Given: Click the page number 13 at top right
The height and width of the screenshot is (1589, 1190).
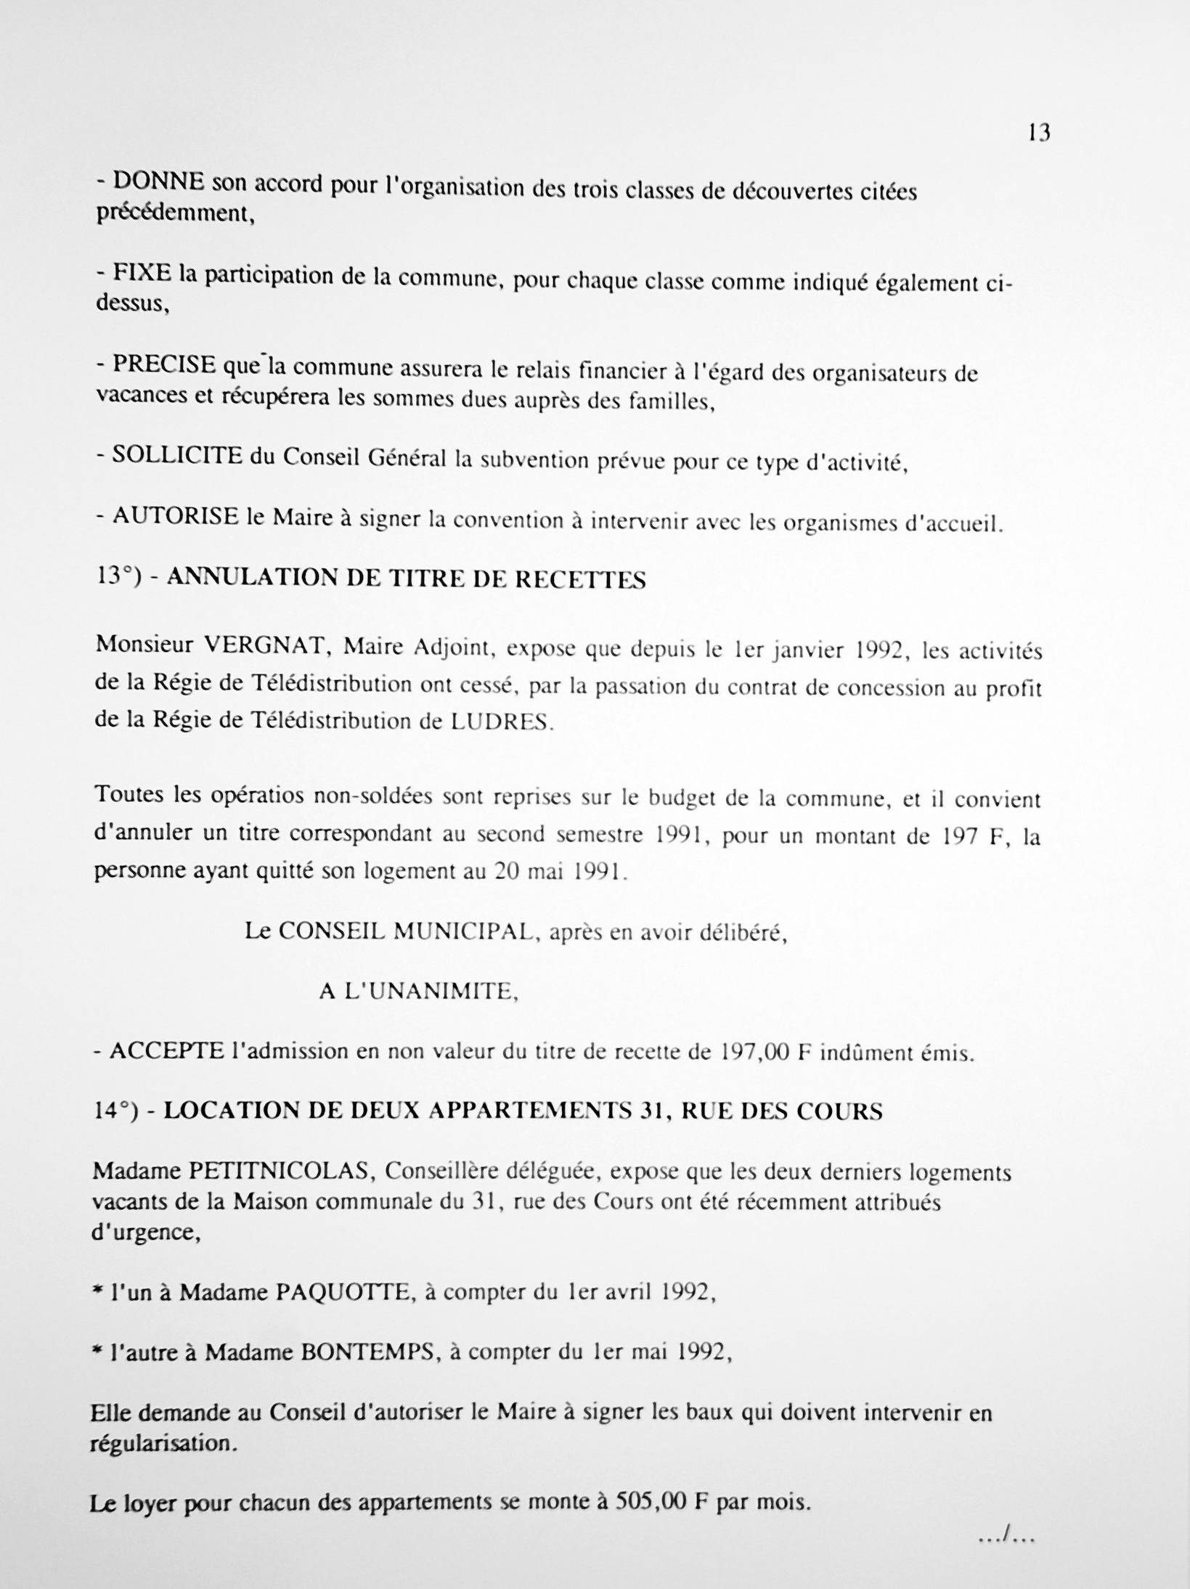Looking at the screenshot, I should click(1039, 134).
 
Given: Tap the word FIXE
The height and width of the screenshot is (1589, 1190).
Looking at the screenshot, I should click(143, 274).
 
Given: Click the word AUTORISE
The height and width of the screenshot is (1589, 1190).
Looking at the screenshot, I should click(176, 516).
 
